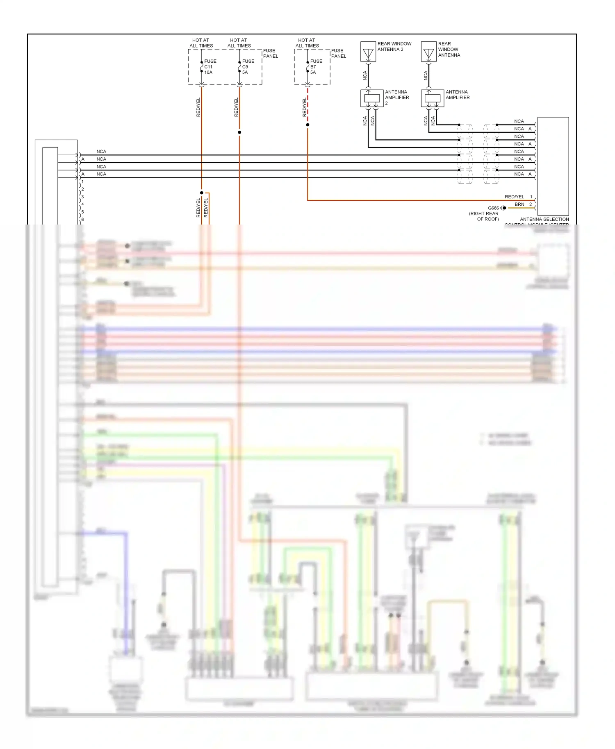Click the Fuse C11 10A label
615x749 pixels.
click(x=210, y=67)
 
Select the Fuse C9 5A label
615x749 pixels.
click(x=248, y=67)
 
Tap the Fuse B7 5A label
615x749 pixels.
click(x=316, y=67)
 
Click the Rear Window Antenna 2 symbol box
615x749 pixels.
click(x=368, y=52)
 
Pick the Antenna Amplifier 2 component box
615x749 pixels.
click(x=371, y=98)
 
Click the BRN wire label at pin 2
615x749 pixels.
click(x=519, y=204)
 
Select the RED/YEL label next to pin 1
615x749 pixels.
click(x=514, y=197)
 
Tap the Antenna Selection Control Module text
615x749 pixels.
click(x=544, y=220)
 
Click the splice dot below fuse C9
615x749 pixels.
click(x=239, y=132)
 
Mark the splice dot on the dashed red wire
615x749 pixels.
click(x=307, y=125)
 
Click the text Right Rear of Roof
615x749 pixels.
click(x=484, y=216)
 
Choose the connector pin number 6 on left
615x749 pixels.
click(x=82, y=220)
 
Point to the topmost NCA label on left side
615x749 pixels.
click(x=101, y=152)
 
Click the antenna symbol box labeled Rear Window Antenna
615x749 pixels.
click(x=429, y=52)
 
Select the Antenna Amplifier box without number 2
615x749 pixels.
click(x=432, y=98)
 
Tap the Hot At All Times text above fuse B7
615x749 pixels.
click(x=307, y=43)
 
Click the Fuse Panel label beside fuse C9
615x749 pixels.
click(x=270, y=53)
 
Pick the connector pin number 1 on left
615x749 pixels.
click(x=82, y=182)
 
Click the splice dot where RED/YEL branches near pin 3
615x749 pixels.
click(x=201, y=193)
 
